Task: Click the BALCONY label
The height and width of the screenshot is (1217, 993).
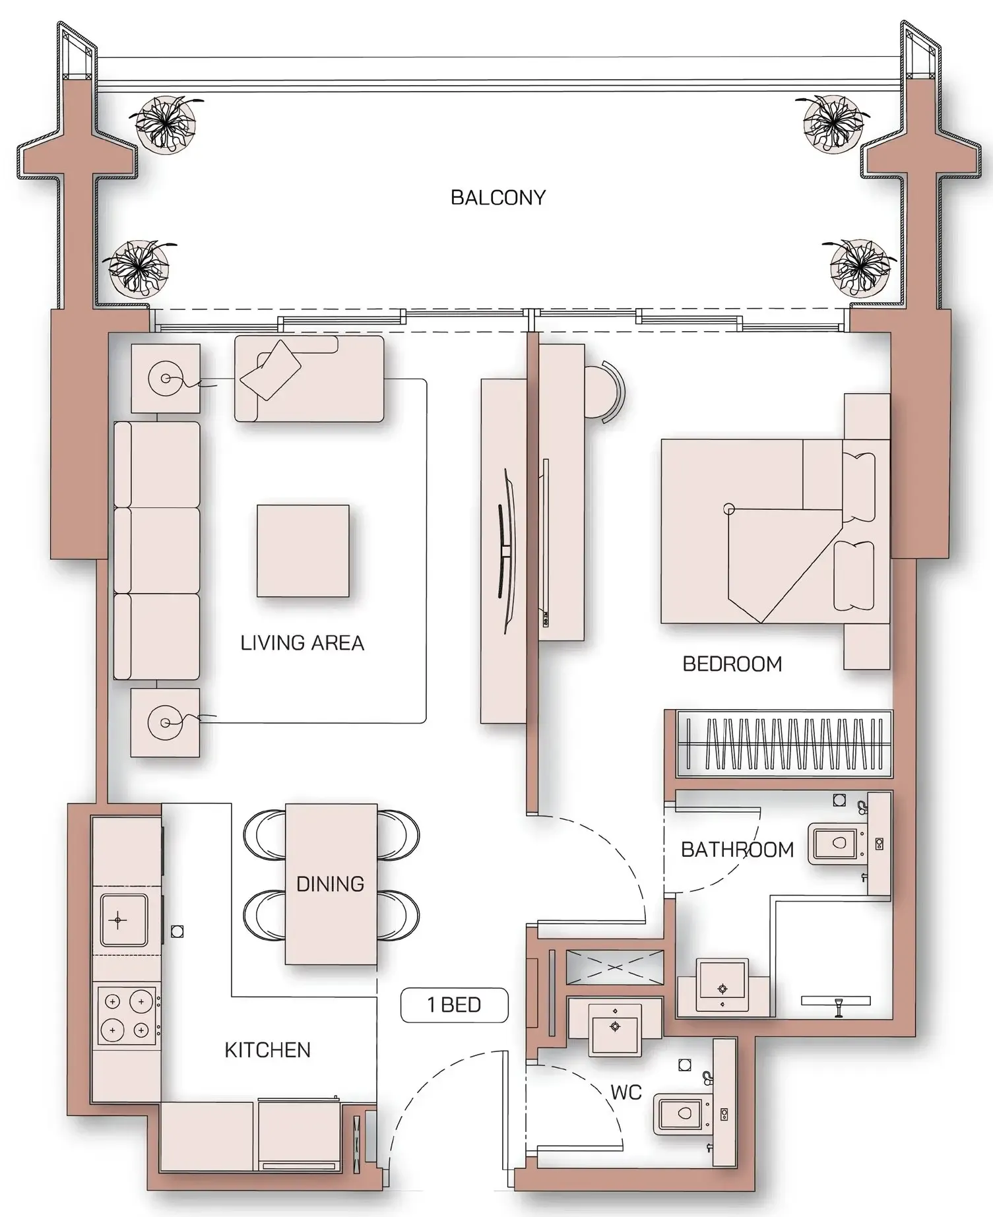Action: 498,197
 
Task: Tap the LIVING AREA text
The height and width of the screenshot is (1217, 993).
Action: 302,642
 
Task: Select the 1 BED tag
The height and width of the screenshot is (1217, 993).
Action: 455,1005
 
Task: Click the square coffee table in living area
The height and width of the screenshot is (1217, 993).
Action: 303,551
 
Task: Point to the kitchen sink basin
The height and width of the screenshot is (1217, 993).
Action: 123,920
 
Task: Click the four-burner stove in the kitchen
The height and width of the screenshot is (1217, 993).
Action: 127,1015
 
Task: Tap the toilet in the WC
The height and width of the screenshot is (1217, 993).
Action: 680,1113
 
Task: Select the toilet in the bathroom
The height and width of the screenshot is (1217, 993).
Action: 835,843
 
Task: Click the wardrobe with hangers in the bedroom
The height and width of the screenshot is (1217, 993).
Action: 784,743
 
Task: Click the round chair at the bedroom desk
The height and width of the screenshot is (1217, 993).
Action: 604,391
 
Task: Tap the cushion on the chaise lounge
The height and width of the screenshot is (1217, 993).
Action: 271,369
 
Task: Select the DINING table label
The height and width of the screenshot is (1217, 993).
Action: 330,884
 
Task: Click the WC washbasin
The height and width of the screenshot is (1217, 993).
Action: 615,1026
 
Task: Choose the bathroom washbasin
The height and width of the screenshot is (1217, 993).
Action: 722,987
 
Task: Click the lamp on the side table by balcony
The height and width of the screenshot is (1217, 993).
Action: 165,379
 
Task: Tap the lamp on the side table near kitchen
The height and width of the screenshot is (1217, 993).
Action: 165,723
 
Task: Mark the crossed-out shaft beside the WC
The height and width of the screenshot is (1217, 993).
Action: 614,967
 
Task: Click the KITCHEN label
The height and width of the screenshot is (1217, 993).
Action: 267,1049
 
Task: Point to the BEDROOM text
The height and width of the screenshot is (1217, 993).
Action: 732,664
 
